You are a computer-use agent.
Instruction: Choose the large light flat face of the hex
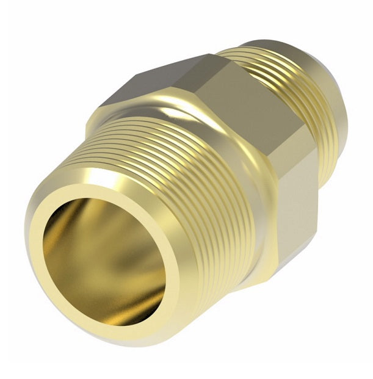coord(256,110)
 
